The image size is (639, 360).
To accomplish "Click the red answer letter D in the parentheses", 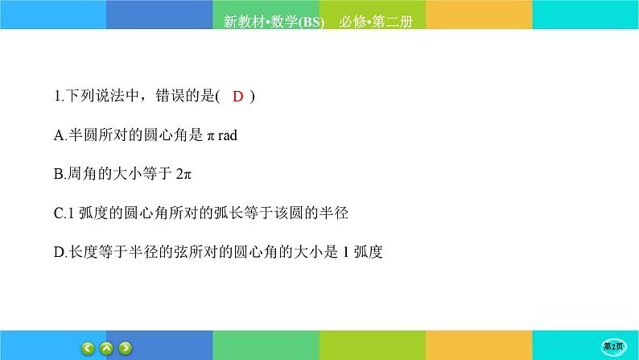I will [x=237, y=97].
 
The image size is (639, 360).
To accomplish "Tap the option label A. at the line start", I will [x=58, y=135].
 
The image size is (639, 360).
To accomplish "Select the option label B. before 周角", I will [x=58, y=174].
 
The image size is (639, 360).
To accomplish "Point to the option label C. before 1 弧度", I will [x=58, y=213].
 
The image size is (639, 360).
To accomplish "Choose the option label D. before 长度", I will [x=58, y=252].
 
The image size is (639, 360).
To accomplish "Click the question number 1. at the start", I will [x=56, y=97].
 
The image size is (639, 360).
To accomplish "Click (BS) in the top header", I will [x=309, y=23].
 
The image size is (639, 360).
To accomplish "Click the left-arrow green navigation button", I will [x=89, y=348].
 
